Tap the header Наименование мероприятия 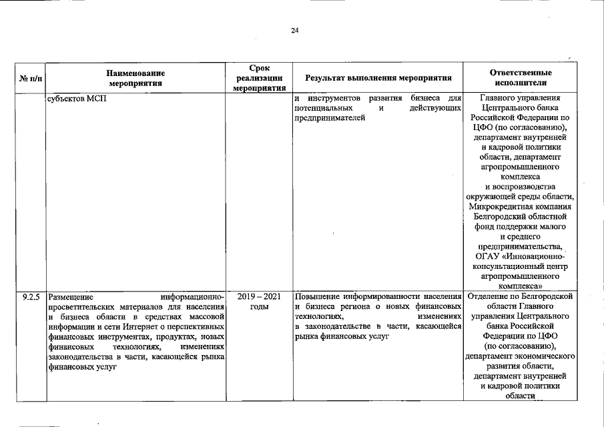pyautogui.click(x=135, y=78)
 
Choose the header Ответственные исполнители pyautogui.click(x=521, y=78)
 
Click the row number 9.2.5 pyautogui.click(x=31, y=296)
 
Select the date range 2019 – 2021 pyautogui.click(x=258, y=296)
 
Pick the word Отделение pyautogui.click(x=491, y=296)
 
